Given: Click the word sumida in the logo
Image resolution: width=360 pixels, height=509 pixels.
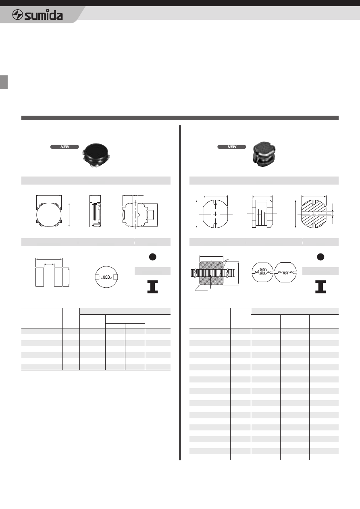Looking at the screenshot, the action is click(x=44, y=15).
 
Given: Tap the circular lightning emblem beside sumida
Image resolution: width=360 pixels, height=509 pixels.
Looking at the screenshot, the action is click(x=17, y=15).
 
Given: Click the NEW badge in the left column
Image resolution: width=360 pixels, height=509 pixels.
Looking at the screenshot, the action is click(x=65, y=147).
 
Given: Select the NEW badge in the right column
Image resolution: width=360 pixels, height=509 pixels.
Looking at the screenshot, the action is click(x=231, y=147).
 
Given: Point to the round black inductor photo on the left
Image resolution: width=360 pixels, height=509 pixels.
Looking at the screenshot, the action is click(x=96, y=156).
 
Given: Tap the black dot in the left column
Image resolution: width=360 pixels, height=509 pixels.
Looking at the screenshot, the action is click(x=152, y=257).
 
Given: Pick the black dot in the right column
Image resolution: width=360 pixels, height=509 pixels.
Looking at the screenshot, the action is click(x=320, y=257).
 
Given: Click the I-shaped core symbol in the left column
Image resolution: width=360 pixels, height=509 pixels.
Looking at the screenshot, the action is click(x=152, y=287).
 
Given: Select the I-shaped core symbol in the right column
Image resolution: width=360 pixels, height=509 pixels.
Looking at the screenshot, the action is click(x=320, y=287).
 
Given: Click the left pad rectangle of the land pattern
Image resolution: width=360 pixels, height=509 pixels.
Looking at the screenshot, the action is click(x=40, y=277).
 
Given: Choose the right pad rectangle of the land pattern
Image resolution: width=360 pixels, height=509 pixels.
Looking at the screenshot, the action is click(x=58, y=277).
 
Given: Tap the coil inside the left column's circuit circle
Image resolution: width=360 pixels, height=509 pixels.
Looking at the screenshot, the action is click(x=106, y=277).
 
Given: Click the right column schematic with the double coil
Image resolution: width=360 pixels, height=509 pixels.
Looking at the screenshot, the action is click(x=262, y=272).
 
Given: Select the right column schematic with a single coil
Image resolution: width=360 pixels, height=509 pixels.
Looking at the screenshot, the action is click(x=285, y=272).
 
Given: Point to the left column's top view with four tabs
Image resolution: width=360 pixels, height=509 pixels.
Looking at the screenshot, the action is click(x=49, y=214).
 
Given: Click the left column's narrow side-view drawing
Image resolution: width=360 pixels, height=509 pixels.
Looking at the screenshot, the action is click(x=95, y=215).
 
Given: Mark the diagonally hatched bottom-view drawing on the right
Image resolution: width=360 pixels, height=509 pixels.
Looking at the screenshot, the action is click(x=314, y=214).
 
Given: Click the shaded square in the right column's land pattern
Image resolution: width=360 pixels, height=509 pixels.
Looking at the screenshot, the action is click(x=211, y=273).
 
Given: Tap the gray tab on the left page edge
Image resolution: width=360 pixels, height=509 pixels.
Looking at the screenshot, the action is click(x=4, y=82).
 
